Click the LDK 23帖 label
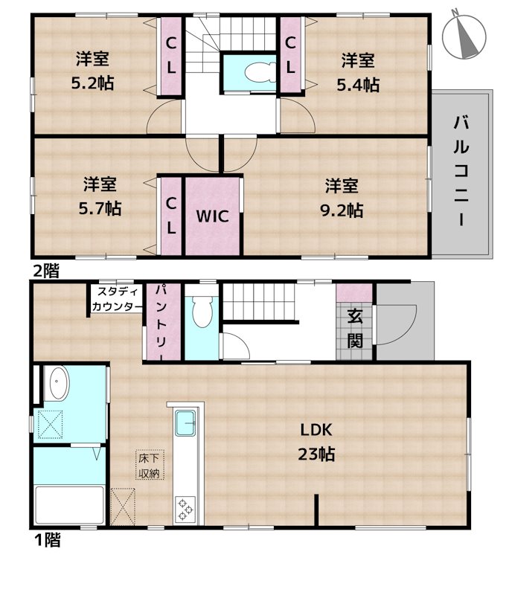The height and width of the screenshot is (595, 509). point(316,441)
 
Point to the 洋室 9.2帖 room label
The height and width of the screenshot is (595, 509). point(342,198)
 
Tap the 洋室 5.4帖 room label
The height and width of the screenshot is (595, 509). point(359,71)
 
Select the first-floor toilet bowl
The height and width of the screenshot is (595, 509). point(201,313)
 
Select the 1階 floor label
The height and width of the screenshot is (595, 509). point(47,541)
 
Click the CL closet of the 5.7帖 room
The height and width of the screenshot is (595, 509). point(170,216)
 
